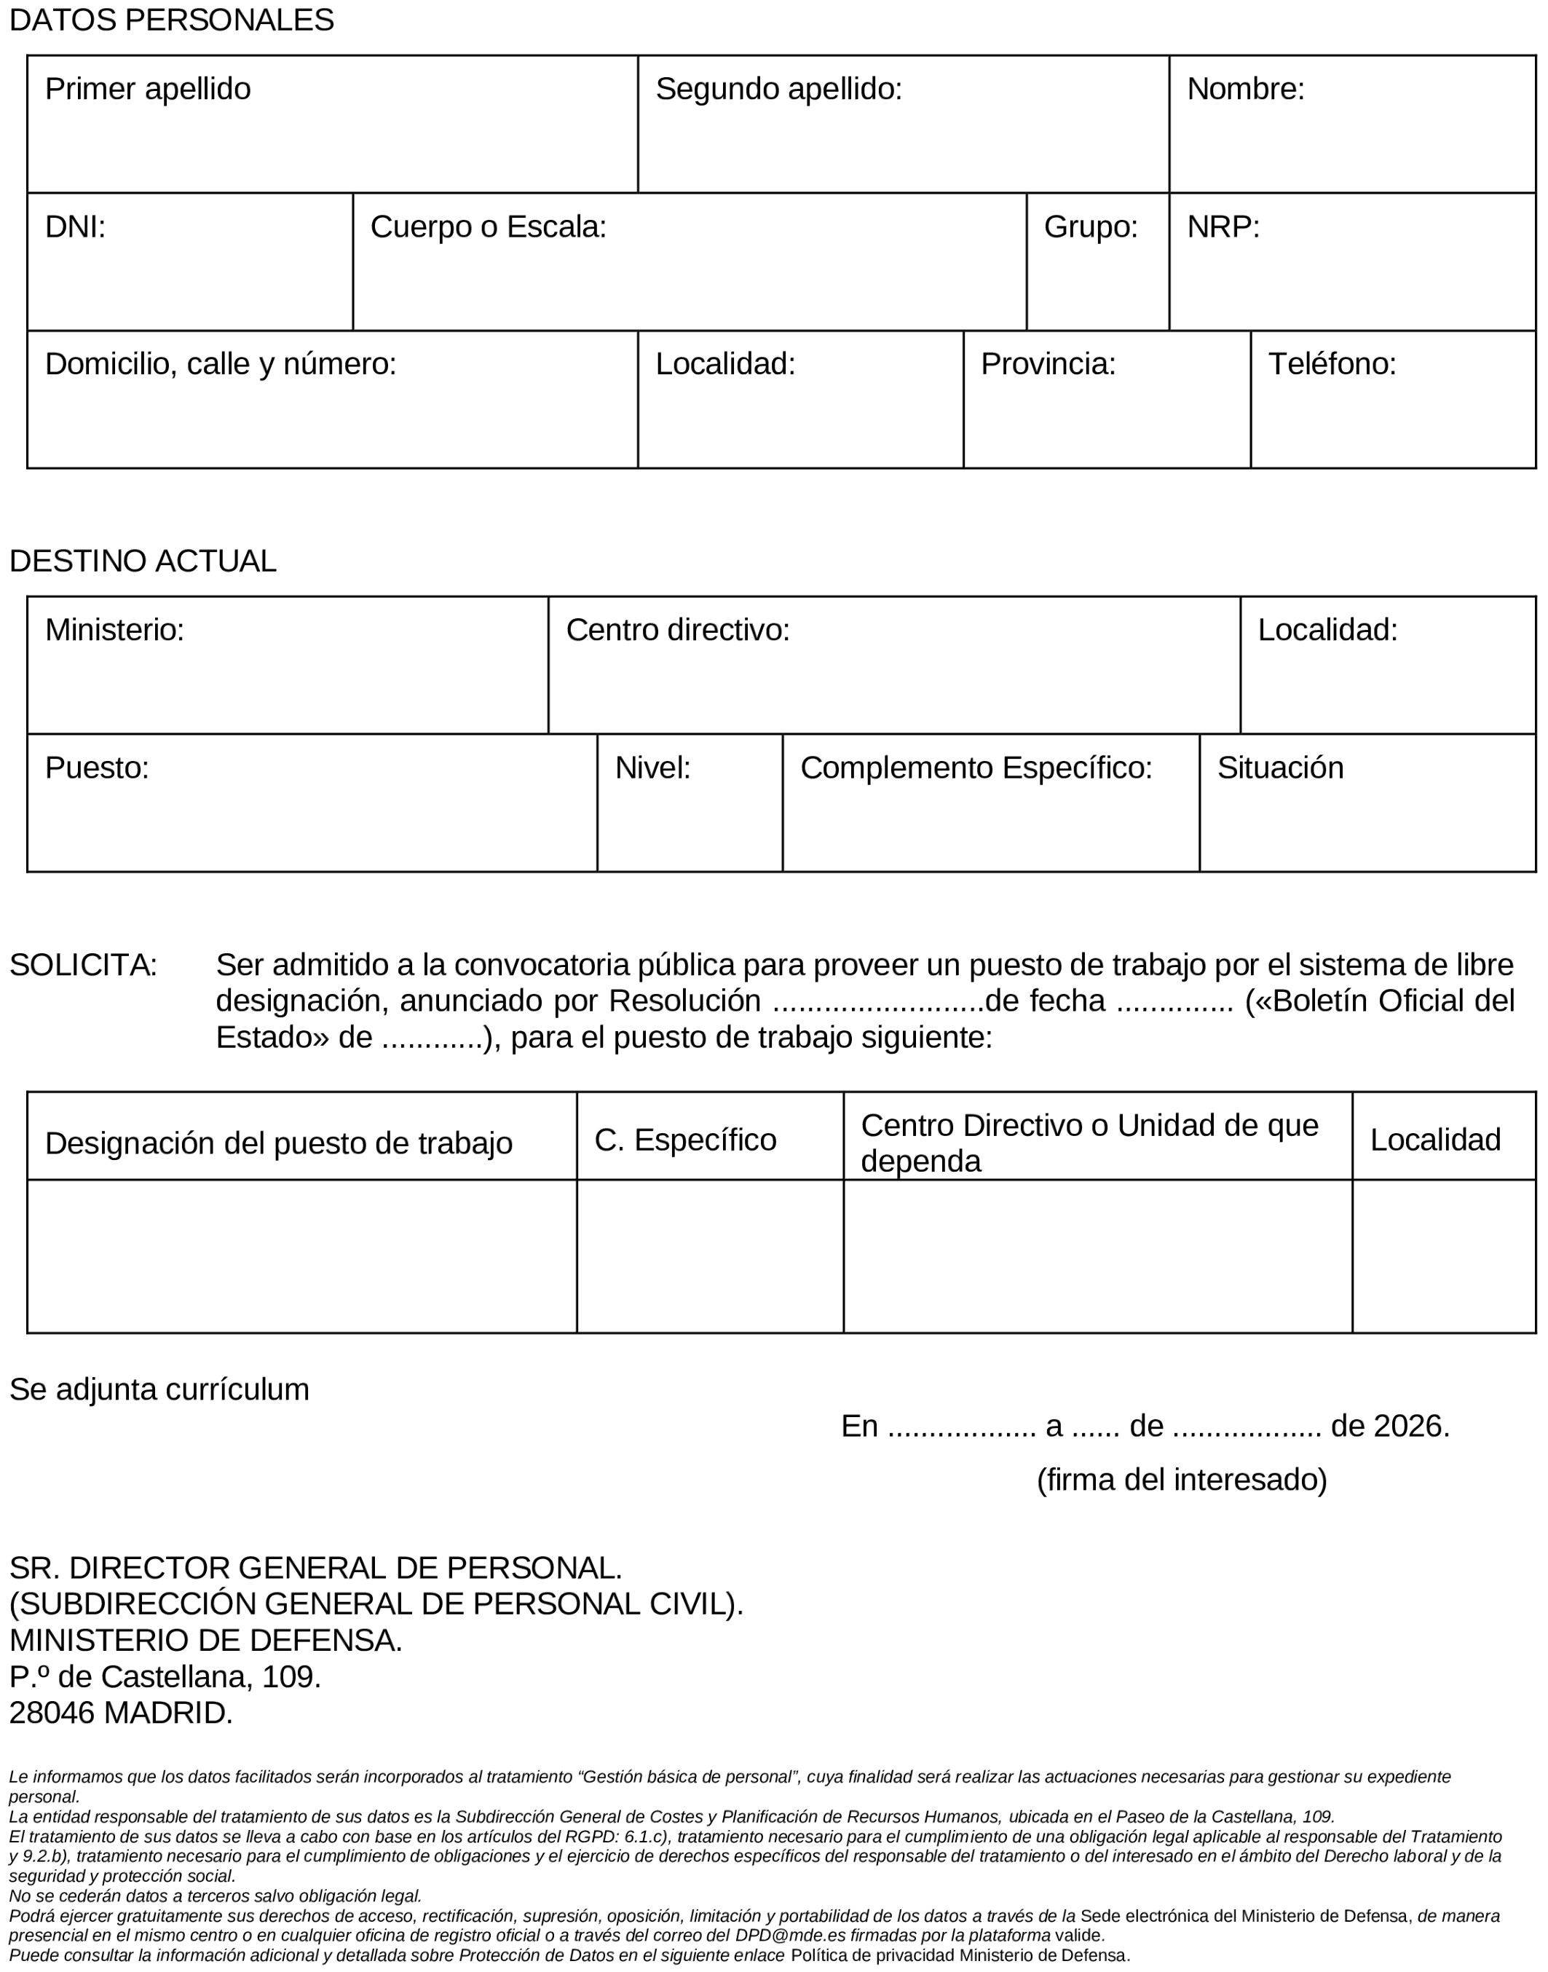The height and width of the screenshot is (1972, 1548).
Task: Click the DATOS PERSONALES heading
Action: [x=171, y=20]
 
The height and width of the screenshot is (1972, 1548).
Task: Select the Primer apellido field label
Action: [x=148, y=89]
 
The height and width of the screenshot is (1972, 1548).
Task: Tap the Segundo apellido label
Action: [x=778, y=89]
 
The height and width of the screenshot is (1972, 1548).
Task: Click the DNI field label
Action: [x=75, y=226]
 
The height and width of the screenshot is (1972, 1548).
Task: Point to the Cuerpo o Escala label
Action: [x=488, y=226]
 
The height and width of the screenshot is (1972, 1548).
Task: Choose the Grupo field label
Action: [x=1090, y=226]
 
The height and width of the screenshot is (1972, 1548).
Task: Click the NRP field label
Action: [x=1223, y=226]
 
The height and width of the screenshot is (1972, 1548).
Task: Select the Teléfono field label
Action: [x=1332, y=364]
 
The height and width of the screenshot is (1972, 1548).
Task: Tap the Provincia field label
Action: [x=1048, y=364]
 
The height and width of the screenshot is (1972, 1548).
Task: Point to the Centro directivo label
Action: [x=678, y=630]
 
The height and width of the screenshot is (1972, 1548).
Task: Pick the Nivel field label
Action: [x=652, y=768]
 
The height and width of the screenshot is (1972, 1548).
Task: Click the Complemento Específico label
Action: [x=976, y=768]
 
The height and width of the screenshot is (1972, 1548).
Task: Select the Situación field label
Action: [x=1280, y=768]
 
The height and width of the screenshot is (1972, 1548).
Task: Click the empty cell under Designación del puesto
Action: [x=301, y=1256]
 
